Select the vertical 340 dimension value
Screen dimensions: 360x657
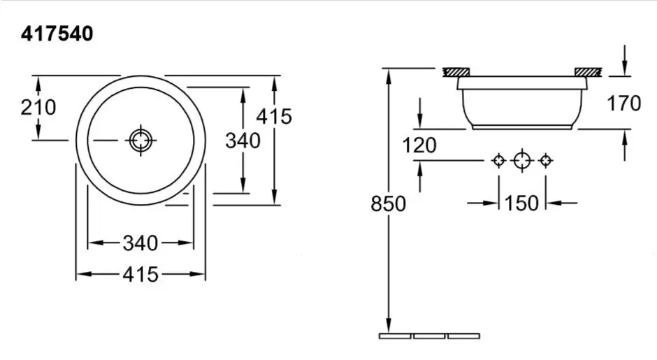[243, 141]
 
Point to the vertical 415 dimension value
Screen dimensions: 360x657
[273, 116]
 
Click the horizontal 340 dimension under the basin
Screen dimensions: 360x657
[140, 243]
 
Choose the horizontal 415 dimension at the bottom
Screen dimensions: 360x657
[140, 274]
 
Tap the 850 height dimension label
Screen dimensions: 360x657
[388, 204]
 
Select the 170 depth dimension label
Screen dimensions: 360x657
[624, 104]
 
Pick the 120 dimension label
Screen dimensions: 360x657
[419, 145]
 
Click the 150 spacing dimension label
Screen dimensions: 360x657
[521, 203]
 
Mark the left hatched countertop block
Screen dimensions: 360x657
[459, 72]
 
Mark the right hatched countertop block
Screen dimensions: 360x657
[589, 72]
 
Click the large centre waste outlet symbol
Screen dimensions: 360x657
[522, 161]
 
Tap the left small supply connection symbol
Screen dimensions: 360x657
[498, 161]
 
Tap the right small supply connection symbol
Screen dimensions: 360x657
[546, 161]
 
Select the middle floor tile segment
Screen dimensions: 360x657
[429, 336]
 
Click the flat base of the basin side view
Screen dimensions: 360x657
[522, 128]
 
